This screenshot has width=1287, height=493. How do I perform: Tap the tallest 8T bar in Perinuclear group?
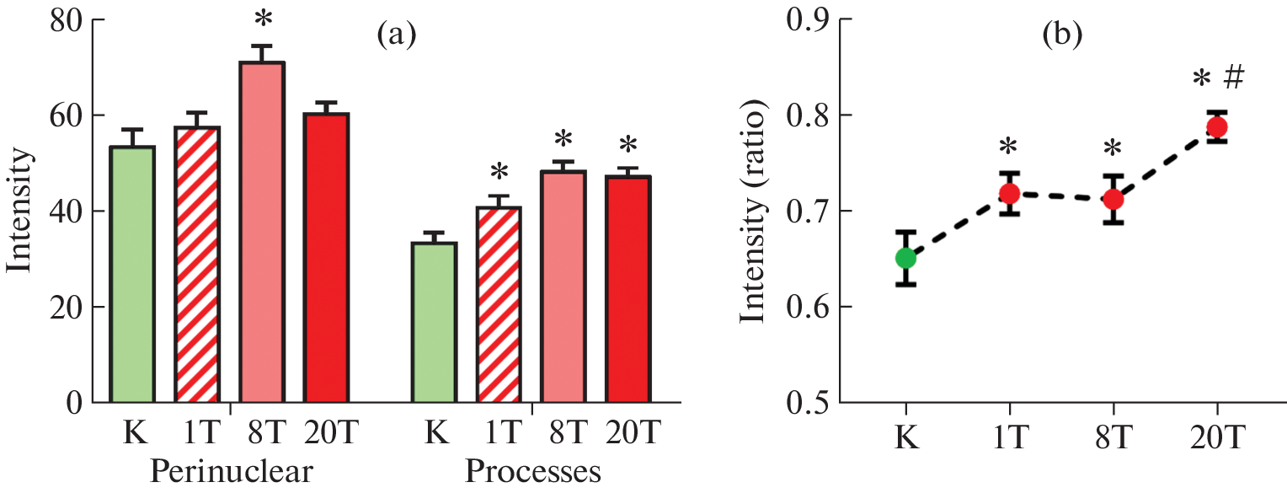tap(262, 233)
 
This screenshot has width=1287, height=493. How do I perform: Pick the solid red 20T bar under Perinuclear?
tap(326, 258)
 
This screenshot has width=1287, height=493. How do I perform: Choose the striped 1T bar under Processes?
tap(499, 304)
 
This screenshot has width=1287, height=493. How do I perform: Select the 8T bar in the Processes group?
tap(563, 287)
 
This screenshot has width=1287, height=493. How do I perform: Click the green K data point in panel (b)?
tap(905, 258)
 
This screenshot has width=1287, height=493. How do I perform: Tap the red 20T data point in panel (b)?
tap(1217, 127)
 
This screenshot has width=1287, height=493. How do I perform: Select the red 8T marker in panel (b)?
tap(1113, 200)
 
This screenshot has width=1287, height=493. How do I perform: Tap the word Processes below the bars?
tap(532, 471)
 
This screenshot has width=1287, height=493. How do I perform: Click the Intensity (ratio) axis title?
tap(754, 215)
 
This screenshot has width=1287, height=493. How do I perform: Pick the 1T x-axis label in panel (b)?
tap(1009, 439)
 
